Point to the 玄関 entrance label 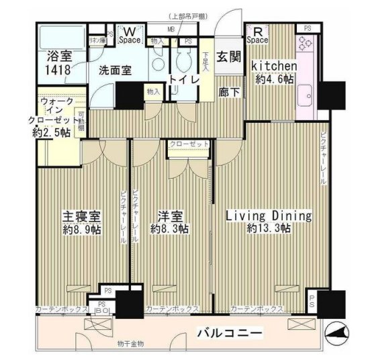coord(226,58)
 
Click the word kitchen coord(274,66)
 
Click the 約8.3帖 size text coord(170,229)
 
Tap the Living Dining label coord(269,216)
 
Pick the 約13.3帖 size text coord(268,229)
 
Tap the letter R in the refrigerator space coord(257,30)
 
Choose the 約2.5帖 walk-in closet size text coord(52,132)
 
